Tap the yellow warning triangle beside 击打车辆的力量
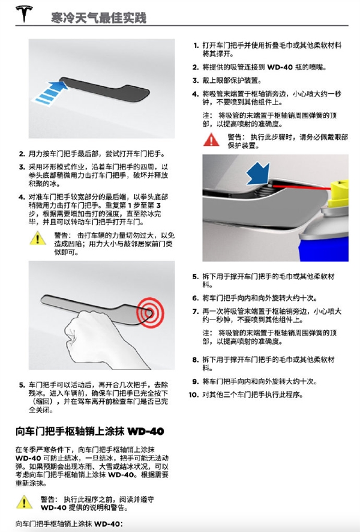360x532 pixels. point(38,238)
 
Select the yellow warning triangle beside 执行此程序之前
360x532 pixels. point(24,501)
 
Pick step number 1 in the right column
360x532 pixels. point(196,45)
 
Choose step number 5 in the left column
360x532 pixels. point(22,382)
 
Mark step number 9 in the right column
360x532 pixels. point(195,381)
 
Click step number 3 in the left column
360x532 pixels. point(22,167)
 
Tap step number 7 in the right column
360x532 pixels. point(195,311)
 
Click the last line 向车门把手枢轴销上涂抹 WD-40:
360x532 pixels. point(69,524)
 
